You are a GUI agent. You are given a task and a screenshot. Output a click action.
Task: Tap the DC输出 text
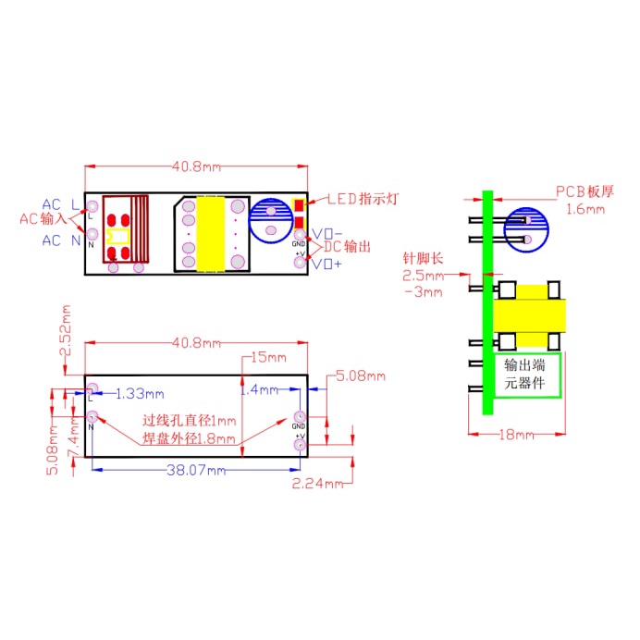point(348,248)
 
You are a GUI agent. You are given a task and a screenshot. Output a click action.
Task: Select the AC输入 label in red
point(42,220)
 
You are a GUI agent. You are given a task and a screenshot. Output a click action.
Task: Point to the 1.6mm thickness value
point(584,210)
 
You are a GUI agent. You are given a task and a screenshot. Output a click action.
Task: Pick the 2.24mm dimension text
point(318,483)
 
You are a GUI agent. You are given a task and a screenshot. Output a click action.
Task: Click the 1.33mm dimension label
point(140,394)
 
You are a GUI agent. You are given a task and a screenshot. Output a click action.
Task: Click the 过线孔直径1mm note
point(190,421)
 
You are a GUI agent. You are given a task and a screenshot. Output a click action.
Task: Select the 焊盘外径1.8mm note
point(190,439)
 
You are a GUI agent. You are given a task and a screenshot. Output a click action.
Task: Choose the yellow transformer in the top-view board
point(213,234)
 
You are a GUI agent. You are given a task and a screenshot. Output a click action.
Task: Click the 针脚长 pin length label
point(422,257)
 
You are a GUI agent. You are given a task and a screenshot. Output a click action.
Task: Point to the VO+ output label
point(326,265)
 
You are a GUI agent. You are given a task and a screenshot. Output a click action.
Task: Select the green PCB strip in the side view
point(487,305)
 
